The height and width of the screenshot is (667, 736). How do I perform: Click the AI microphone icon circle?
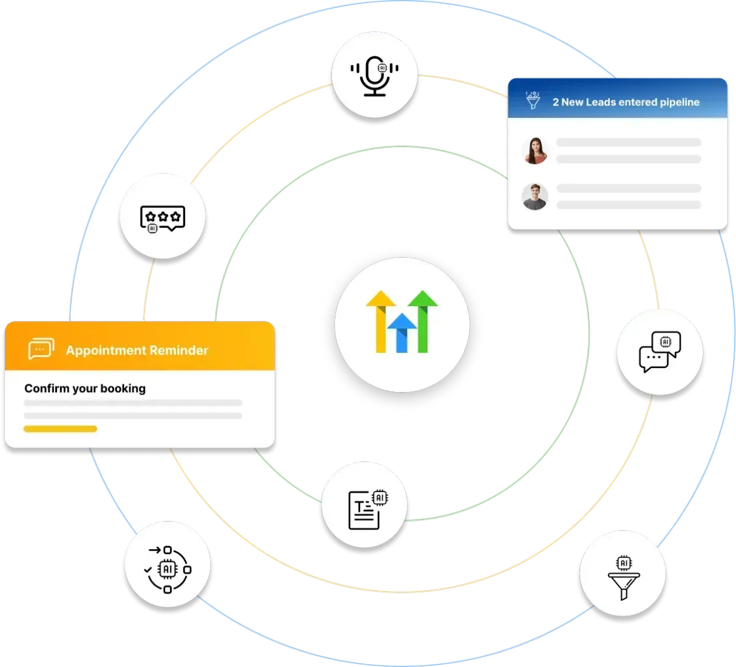(x=375, y=76)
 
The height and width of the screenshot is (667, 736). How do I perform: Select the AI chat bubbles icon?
(x=660, y=352)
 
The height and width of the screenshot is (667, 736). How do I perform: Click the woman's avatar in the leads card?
(x=535, y=150)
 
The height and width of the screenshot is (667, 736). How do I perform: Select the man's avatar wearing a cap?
(x=535, y=196)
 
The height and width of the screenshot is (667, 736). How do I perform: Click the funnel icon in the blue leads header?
(x=533, y=101)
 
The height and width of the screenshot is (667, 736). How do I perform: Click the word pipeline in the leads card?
(x=677, y=102)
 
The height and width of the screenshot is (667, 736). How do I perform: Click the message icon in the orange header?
(x=41, y=349)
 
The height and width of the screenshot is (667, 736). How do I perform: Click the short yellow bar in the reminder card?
(x=60, y=429)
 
